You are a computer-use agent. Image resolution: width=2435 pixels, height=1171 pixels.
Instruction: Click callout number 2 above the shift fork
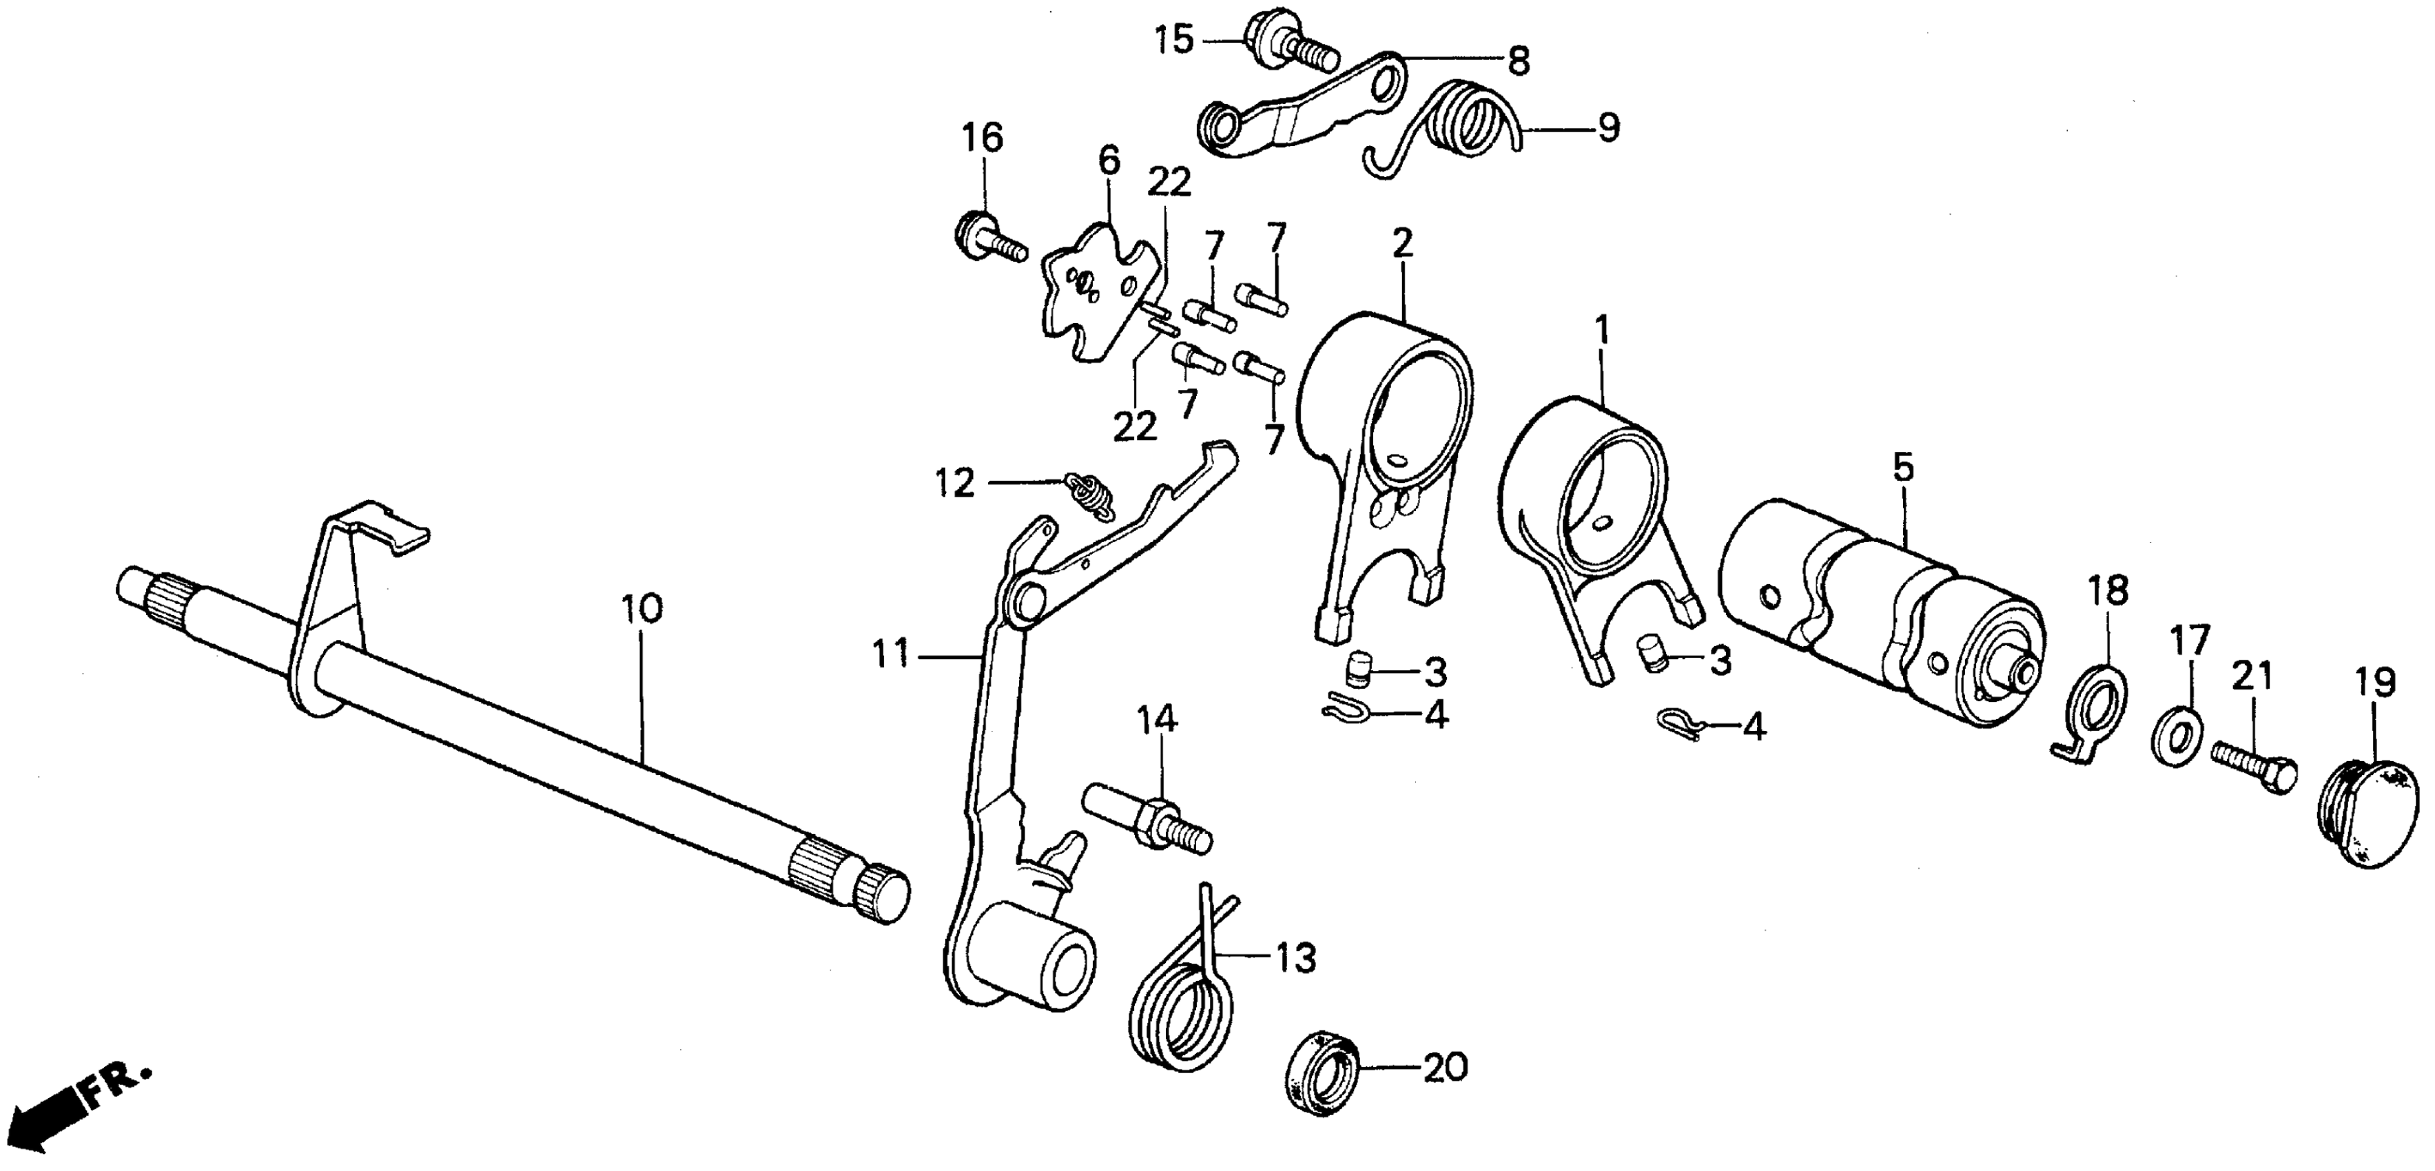[x=1402, y=244]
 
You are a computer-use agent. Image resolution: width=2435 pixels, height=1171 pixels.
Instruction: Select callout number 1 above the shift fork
[x=1601, y=330]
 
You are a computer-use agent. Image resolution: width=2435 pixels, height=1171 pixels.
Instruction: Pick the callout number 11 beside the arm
[x=890, y=653]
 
